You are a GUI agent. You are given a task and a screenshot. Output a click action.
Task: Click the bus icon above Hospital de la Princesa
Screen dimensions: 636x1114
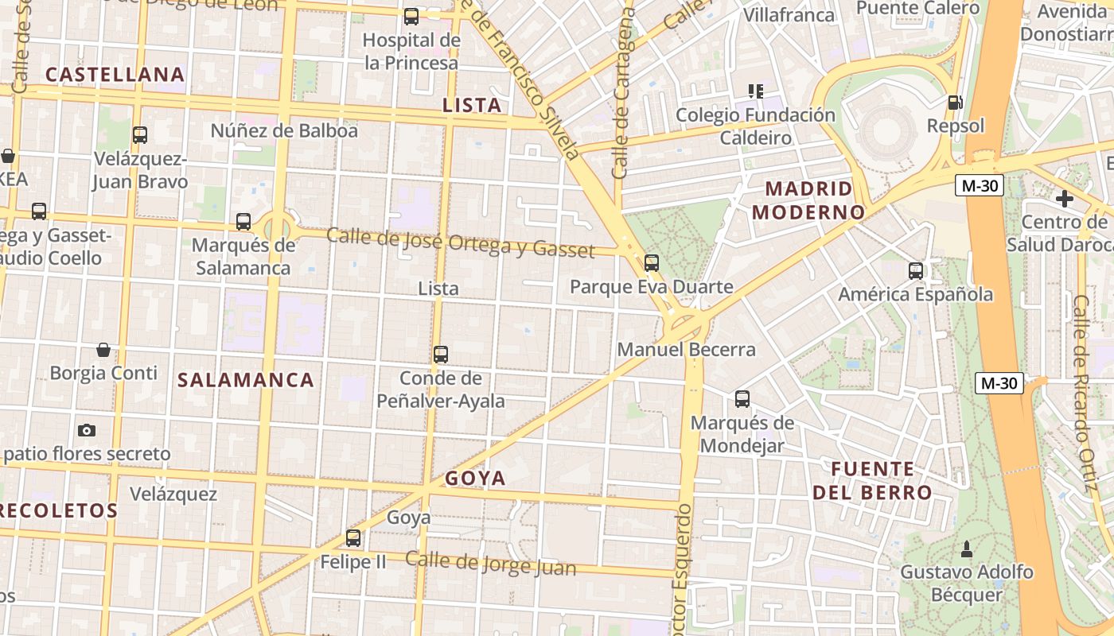411,16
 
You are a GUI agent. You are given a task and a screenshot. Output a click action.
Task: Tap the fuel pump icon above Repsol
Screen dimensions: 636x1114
954,103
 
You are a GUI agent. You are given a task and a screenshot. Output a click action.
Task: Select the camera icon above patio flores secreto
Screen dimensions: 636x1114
87,430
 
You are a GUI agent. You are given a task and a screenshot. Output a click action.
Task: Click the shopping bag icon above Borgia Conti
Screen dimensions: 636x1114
103,349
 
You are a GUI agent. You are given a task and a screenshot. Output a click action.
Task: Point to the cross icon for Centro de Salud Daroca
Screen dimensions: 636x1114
1065,198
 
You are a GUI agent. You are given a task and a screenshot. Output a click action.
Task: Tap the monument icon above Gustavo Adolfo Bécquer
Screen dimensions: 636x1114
967,548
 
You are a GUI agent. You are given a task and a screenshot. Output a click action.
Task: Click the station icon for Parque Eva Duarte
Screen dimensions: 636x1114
652,262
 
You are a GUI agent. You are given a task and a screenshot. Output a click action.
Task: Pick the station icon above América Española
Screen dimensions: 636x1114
916,270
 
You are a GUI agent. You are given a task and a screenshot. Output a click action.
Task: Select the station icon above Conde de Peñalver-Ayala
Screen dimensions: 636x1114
441,354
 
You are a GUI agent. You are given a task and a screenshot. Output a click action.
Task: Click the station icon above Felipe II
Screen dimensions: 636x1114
353,538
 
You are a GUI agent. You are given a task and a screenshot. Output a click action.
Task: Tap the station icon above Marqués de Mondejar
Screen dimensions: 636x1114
742,398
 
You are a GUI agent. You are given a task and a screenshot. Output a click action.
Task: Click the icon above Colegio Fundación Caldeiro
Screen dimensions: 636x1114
755,91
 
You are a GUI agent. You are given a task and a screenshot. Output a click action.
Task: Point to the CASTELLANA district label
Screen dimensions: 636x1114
115,75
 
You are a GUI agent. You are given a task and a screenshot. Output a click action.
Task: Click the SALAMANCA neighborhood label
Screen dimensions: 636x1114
246,380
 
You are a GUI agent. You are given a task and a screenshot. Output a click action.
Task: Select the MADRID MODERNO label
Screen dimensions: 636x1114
808,200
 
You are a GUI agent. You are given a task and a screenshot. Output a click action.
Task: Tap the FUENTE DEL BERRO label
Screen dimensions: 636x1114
872,480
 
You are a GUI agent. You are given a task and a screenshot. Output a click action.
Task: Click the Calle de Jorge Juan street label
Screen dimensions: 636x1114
490,563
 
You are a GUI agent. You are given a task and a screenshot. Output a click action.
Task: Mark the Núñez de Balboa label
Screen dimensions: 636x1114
284,130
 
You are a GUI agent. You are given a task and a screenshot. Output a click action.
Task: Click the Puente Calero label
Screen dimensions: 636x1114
918,8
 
